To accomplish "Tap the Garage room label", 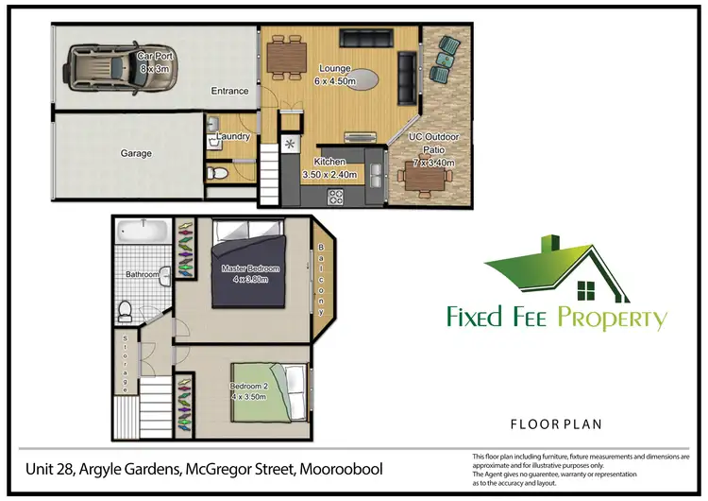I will pos(136,153).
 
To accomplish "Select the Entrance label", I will pos(229,92).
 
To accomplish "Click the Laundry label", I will pos(233,137).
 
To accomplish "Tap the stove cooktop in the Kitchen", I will pos(335,196).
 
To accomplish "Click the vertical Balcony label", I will pos(321,278).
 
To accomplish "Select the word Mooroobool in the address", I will pos(340,470).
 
